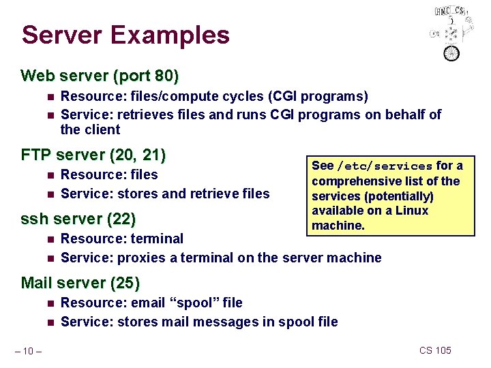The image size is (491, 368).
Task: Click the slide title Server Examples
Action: (x=125, y=35)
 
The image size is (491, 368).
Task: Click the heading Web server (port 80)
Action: (x=100, y=74)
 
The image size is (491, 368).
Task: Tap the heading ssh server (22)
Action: (x=78, y=219)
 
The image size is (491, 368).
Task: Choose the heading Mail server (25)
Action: (x=80, y=283)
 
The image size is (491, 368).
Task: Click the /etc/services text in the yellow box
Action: (x=385, y=166)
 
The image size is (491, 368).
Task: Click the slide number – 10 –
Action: (x=30, y=351)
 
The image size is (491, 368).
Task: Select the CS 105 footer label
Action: (x=435, y=350)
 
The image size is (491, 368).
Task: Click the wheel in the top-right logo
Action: (x=451, y=52)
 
